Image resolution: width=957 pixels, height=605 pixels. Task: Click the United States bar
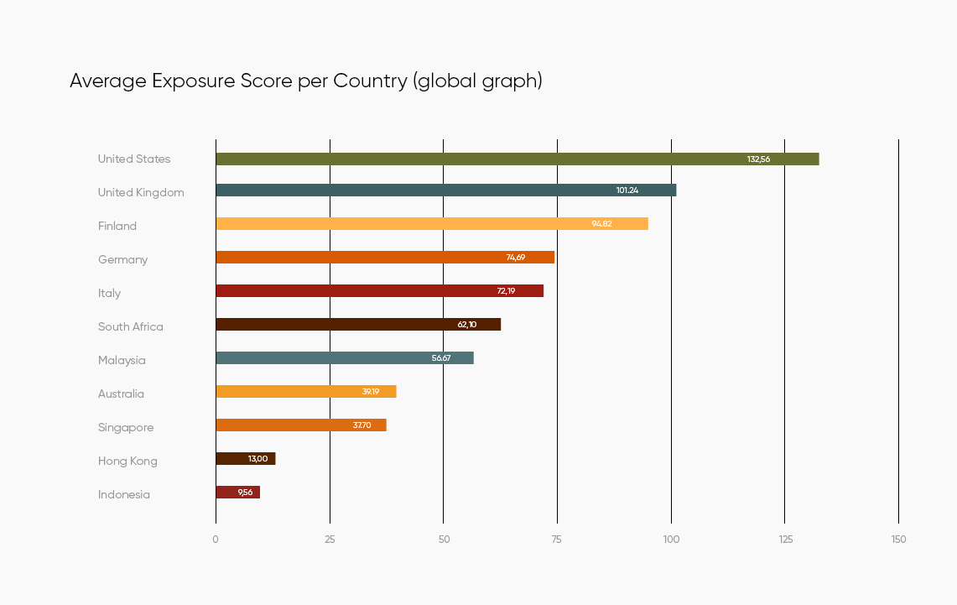click(517, 159)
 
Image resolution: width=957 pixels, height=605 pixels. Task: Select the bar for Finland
click(431, 223)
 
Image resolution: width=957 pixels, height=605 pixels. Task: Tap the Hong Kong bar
click(245, 458)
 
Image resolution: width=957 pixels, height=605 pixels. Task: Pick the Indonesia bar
click(237, 492)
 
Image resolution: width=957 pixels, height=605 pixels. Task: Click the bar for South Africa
click(357, 324)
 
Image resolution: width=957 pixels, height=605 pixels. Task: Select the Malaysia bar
click(344, 357)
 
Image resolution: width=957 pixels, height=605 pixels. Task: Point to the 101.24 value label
click(627, 190)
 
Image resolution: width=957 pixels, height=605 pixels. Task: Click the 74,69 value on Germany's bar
click(515, 258)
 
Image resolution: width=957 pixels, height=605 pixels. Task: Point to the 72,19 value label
click(506, 291)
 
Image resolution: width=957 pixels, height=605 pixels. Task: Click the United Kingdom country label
click(141, 192)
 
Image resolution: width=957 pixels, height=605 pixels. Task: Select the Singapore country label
click(126, 427)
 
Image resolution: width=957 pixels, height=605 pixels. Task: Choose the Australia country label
click(121, 394)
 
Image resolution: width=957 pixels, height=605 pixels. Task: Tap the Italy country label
click(109, 293)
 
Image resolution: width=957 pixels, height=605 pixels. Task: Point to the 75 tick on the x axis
click(557, 539)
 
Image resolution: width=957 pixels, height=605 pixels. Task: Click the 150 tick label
click(898, 539)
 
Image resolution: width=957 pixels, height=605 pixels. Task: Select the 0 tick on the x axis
click(216, 539)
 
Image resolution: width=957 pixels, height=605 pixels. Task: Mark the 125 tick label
click(784, 539)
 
